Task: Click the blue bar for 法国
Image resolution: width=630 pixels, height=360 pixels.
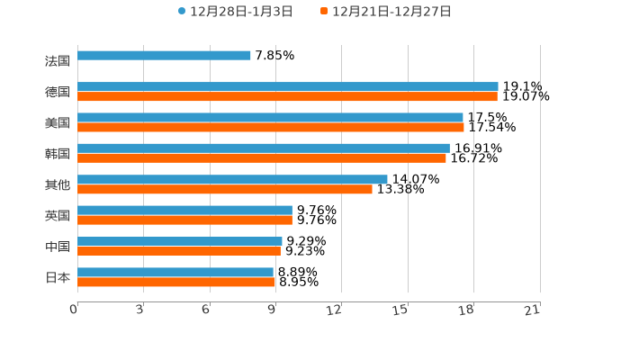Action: point(164,55)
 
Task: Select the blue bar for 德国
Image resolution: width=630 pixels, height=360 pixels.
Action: point(288,86)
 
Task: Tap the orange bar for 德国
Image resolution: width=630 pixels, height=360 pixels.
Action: point(287,96)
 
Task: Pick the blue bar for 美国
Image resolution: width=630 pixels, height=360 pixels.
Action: point(270,117)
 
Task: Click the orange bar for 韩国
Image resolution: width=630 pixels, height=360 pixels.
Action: point(262,157)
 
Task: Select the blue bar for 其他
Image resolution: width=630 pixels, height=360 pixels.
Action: point(232,179)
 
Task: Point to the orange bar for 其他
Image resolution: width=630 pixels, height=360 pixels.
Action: point(225,189)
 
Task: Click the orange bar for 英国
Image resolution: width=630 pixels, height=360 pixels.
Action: point(184,220)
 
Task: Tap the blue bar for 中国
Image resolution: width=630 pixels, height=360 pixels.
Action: point(180,241)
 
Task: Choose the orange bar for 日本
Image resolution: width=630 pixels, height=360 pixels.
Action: point(176,282)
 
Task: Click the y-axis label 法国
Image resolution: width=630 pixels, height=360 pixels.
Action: point(58,61)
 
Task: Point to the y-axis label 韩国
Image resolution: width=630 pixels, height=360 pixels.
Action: point(58,154)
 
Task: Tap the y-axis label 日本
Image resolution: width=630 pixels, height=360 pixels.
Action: point(58,277)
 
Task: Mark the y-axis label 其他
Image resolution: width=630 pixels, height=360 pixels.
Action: point(58,184)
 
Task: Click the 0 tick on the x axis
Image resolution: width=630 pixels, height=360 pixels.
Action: point(74,310)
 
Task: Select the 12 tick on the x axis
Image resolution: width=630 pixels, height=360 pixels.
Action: point(335,310)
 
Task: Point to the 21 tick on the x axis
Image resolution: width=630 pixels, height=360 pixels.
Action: point(532,310)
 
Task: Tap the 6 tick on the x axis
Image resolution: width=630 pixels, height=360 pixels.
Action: point(206,310)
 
